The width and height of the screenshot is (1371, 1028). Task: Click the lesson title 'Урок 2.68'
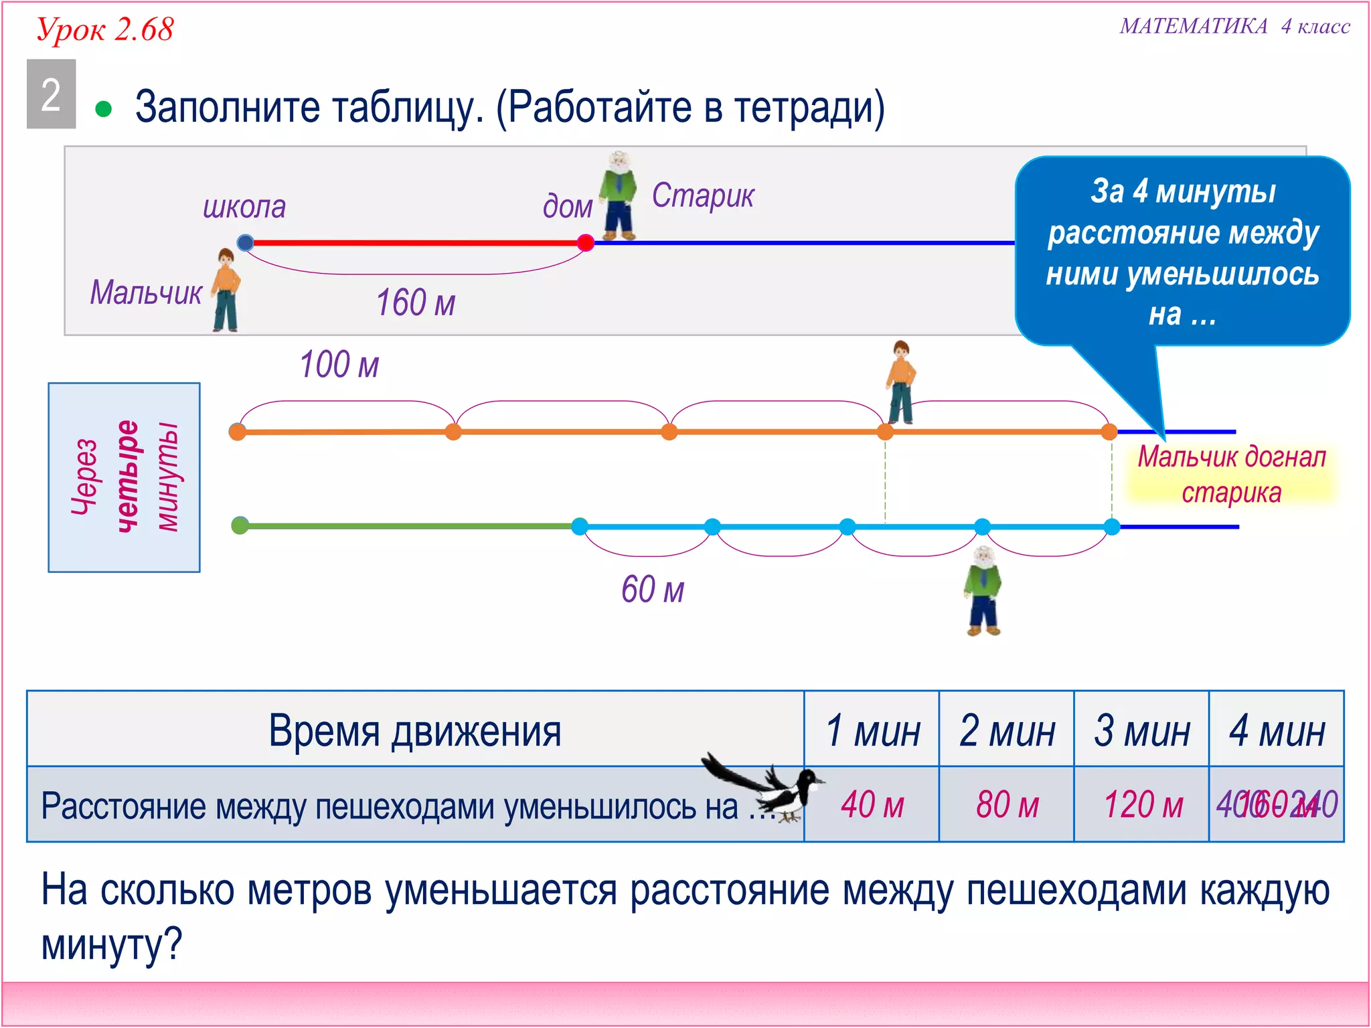coord(105,30)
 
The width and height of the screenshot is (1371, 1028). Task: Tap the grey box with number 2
coord(51,94)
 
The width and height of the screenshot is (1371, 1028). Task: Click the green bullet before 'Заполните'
coord(103,109)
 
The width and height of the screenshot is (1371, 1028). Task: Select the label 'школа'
coord(244,207)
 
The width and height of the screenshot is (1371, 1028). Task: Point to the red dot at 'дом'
coord(585,242)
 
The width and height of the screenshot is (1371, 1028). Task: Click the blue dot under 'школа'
coord(246,242)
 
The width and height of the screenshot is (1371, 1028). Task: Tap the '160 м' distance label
coord(415,303)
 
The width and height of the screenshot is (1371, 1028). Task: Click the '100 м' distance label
coord(339,365)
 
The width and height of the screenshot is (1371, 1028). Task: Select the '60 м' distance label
coord(653,590)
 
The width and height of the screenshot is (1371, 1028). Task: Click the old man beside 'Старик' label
coord(619,196)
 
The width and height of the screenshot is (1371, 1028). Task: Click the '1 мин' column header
coord(872,730)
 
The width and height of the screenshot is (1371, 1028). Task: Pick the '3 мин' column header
coord(1141,730)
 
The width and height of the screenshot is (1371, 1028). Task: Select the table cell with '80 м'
coord(1007,804)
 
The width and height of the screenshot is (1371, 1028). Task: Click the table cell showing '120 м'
coord(1142,804)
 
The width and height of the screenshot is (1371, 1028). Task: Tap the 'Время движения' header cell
coord(415,730)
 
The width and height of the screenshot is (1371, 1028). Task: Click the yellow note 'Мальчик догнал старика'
coord(1231,475)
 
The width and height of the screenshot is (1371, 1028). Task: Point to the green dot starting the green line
coord(240,525)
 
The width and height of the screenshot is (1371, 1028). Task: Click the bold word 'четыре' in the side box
coord(127,477)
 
